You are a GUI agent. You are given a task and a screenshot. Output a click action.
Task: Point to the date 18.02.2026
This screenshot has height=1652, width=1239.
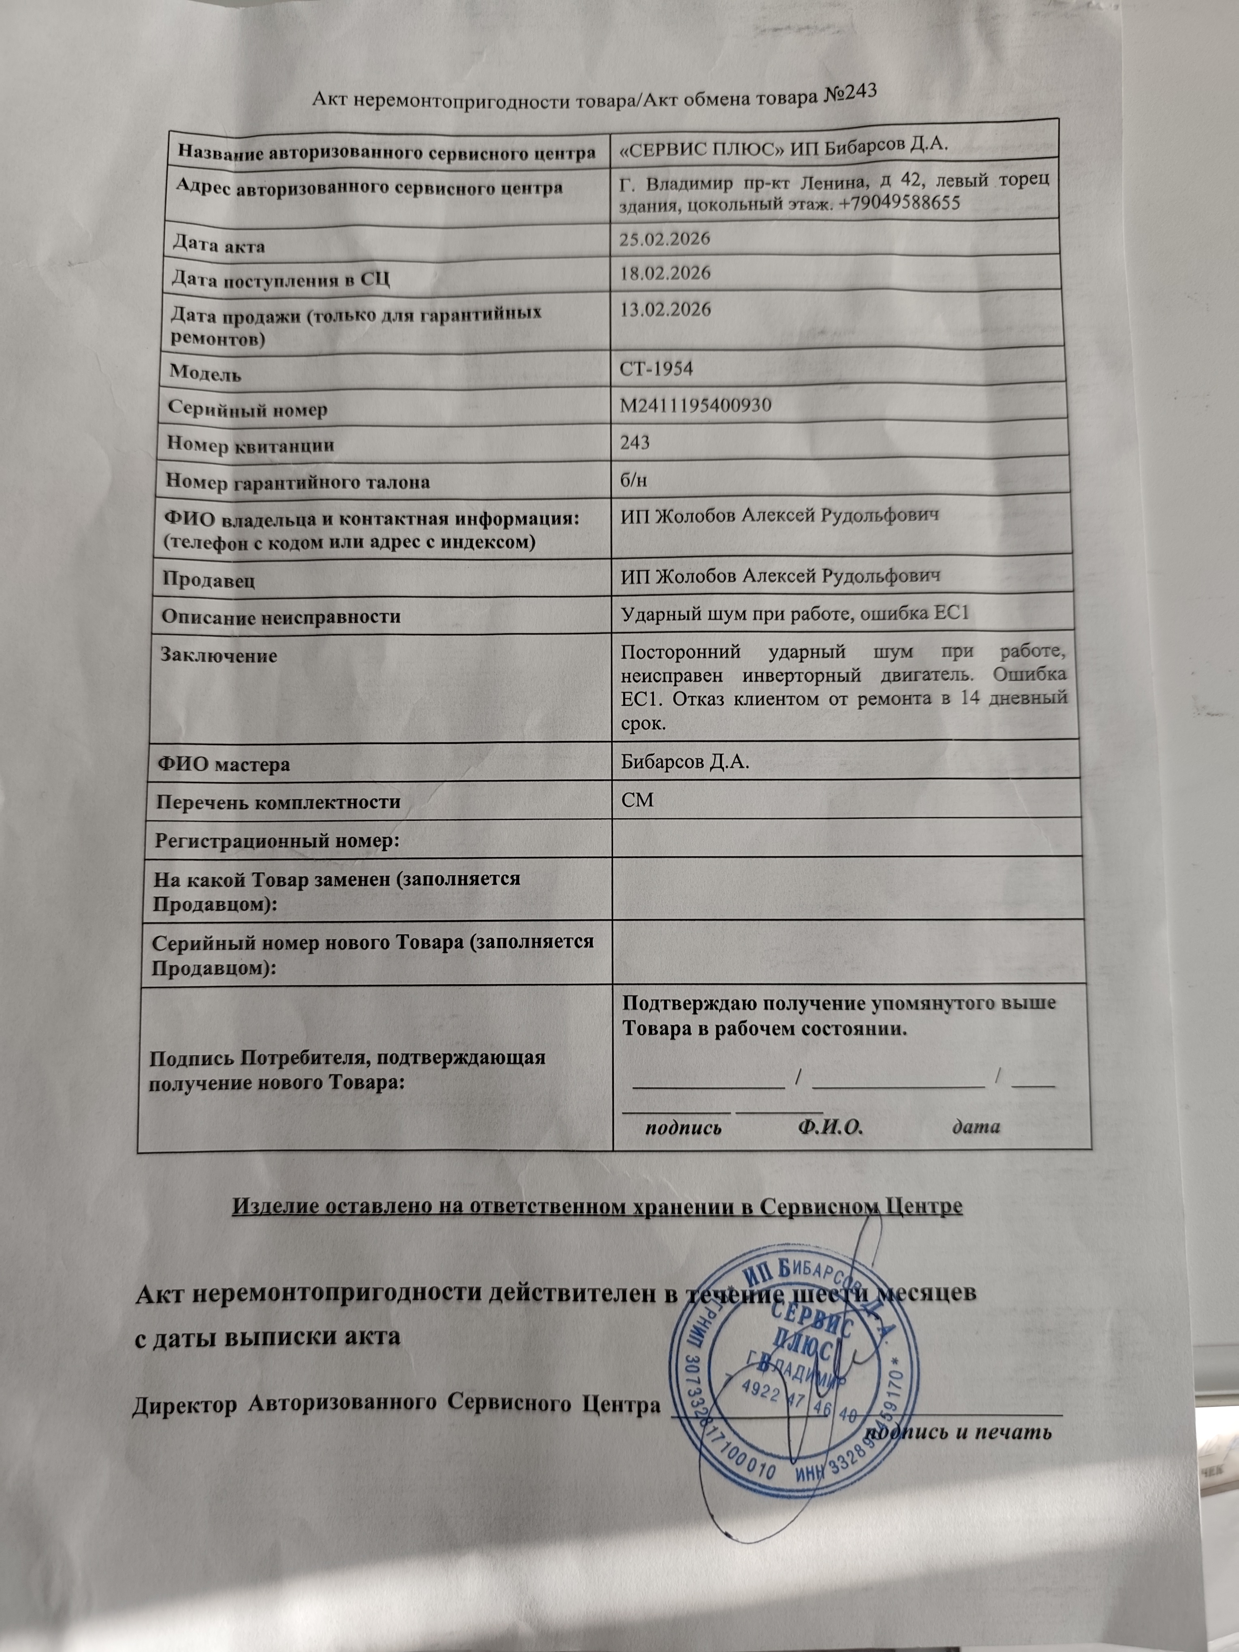(x=665, y=273)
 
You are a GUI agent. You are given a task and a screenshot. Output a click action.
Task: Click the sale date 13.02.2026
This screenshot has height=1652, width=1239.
(x=665, y=309)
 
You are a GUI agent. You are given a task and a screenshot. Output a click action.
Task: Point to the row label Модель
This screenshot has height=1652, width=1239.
(x=206, y=372)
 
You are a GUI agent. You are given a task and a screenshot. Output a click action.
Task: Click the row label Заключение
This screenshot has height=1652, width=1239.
(x=219, y=656)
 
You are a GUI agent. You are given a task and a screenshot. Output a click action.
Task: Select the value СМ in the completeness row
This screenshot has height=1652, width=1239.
(x=637, y=800)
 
